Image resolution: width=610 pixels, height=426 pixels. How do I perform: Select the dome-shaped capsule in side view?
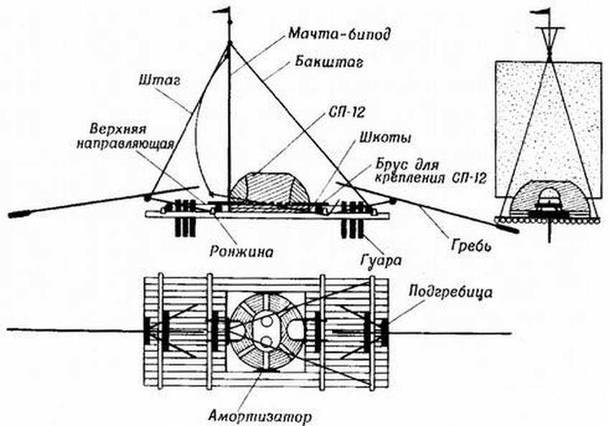click(269, 188)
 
